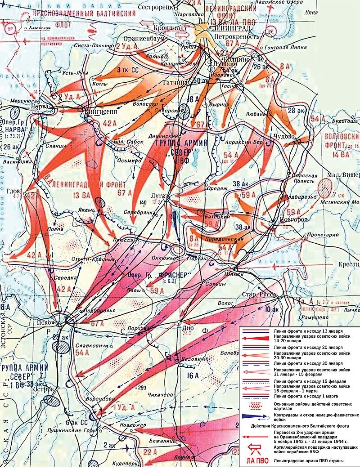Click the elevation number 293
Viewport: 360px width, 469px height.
[143, 387]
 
